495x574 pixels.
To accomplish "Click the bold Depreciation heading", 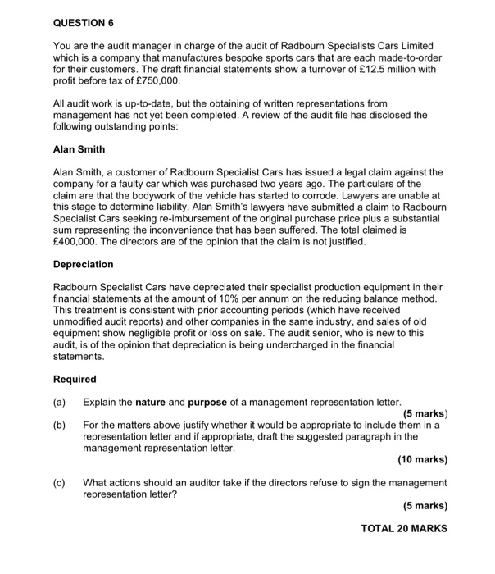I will pyautogui.click(x=83, y=265).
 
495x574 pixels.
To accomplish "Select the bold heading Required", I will pyautogui.click(x=75, y=379).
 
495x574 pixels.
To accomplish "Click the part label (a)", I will pyautogui.click(x=59, y=402).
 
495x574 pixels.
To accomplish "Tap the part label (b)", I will pyautogui.click(x=59, y=426).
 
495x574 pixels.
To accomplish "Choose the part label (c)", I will pyautogui.click(x=59, y=483).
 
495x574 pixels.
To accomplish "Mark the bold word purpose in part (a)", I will pyautogui.click(x=211, y=402).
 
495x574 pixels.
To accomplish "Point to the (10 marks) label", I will pyautogui.click(x=422, y=460).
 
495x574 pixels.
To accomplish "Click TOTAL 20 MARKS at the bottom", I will pyautogui.click(x=404, y=528).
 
